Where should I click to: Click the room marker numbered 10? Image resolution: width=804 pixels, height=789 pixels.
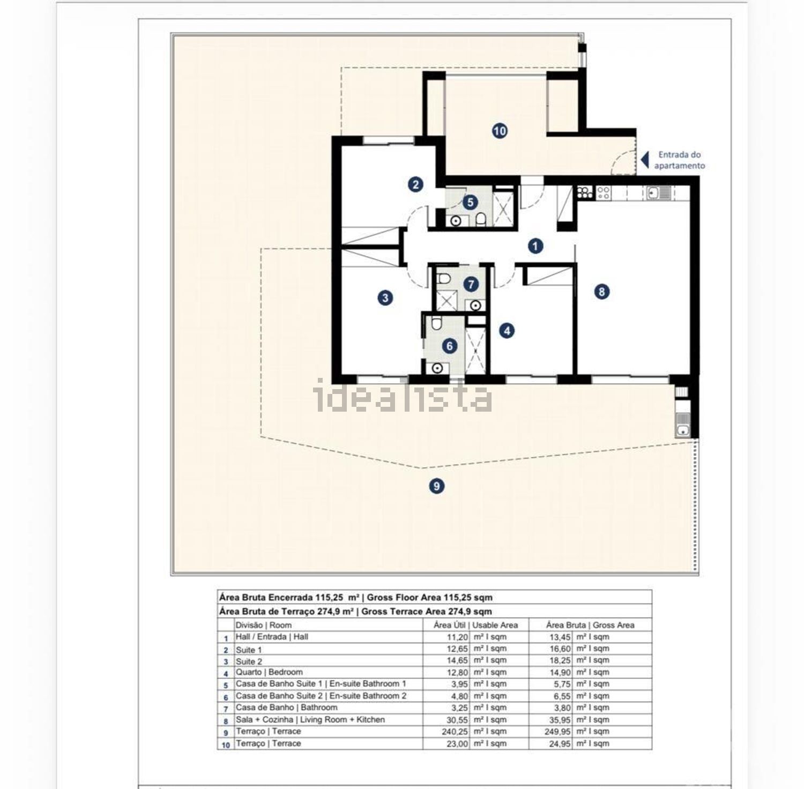(x=500, y=130)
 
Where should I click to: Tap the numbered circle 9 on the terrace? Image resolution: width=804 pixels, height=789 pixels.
(x=437, y=486)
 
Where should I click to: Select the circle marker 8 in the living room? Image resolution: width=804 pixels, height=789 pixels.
(x=602, y=292)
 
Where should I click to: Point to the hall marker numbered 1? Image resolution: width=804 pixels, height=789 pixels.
(x=535, y=246)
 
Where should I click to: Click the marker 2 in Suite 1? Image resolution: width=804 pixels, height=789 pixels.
(x=415, y=185)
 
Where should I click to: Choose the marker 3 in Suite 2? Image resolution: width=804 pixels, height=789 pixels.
(x=385, y=297)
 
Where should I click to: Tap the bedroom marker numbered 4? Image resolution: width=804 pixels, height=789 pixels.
(x=507, y=331)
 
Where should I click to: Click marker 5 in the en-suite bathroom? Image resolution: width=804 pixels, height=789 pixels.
(x=471, y=203)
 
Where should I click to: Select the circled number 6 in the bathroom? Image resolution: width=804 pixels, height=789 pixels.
(x=450, y=346)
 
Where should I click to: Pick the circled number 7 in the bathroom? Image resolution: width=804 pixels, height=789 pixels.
(x=471, y=284)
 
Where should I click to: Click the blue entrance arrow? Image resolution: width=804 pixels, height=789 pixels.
(x=645, y=159)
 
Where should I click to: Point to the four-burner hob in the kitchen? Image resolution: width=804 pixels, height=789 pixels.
(x=603, y=192)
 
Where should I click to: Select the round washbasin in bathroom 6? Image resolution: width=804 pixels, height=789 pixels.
(x=437, y=368)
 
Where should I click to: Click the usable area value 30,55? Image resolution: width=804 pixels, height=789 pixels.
(x=457, y=720)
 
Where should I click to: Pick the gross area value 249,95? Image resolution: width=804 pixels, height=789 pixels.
(x=559, y=732)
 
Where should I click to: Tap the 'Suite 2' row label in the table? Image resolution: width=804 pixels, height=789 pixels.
(x=249, y=661)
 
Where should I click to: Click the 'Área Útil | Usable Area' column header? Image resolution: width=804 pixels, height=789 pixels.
(x=476, y=625)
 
